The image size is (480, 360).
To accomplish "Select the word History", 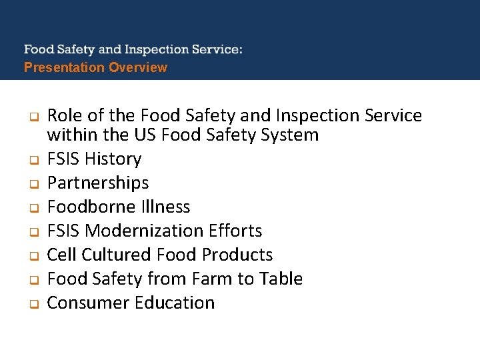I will (113, 159).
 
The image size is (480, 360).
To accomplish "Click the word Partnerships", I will (98, 183).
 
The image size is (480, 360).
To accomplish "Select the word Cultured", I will (118, 255).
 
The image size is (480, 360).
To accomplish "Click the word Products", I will (237, 255).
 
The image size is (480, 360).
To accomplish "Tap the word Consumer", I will (89, 303).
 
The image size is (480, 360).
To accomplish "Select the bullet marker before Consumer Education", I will (31, 304).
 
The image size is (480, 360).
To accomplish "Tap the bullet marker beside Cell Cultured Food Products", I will (31, 256).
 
